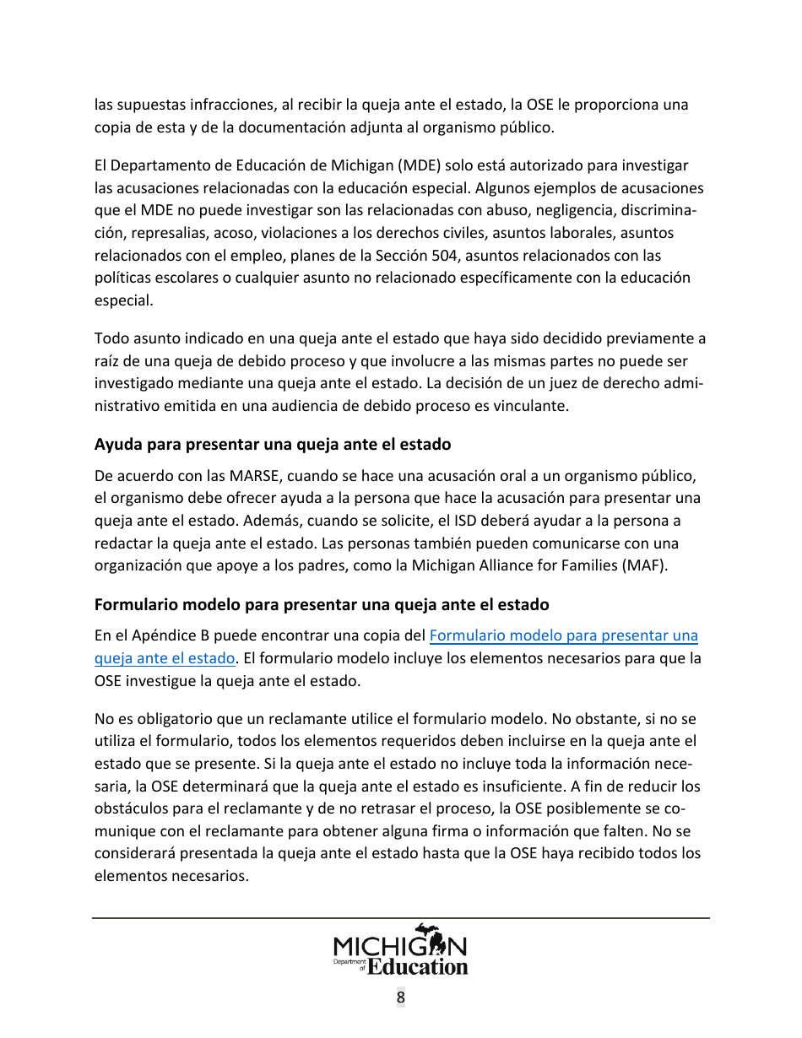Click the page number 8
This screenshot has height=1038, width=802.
pos(401,997)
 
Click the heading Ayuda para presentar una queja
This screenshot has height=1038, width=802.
pos(272,444)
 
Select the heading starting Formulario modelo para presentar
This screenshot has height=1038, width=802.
pos(321,605)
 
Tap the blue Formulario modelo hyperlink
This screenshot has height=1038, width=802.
pos(563,635)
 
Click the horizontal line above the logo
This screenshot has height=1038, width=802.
pos(401,917)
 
